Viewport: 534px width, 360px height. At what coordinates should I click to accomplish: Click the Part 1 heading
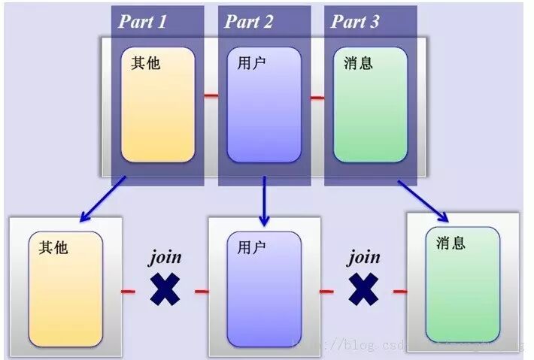click(x=143, y=21)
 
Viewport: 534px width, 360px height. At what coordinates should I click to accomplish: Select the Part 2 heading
click(x=249, y=21)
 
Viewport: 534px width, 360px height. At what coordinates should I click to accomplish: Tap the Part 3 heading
click(x=355, y=21)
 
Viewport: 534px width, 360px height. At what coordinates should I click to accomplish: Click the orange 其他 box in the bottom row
click(x=65, y=289)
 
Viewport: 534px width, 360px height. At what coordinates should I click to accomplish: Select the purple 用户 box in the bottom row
click(x=264, y=289)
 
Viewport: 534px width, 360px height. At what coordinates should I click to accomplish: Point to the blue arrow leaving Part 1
click(x=102, y=200)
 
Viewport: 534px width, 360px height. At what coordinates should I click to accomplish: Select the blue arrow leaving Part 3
click(x=423, y=201)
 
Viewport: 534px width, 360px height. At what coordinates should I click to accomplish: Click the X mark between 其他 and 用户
click(x=165, y=289)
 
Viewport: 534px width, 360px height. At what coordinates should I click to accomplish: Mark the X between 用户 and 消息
click(x=363, y=289)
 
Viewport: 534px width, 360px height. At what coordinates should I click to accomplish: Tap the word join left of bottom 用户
click(x=165, y=258)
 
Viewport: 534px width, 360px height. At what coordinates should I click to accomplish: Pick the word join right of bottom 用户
click(x=363, y=258)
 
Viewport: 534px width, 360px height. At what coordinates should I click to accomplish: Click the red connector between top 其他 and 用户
click(x=211, y=96)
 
